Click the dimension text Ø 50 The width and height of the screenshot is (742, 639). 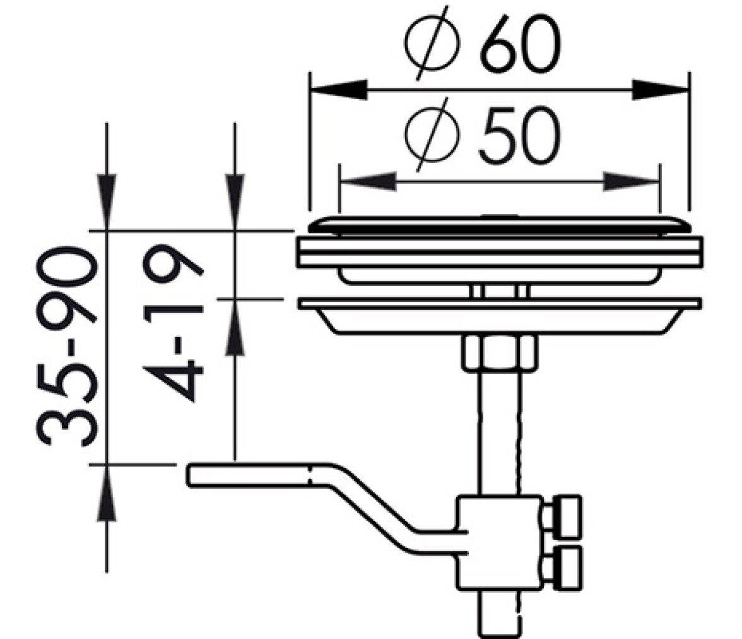pos(483,135)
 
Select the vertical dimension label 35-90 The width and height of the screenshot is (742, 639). pos(66,346)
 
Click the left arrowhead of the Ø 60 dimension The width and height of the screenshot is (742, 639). pos(338,90)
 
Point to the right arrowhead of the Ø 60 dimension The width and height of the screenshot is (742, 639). pos(660,90)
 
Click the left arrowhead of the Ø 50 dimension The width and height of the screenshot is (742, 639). pos(368,181)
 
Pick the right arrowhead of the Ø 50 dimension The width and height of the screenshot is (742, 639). pos(631,181)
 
